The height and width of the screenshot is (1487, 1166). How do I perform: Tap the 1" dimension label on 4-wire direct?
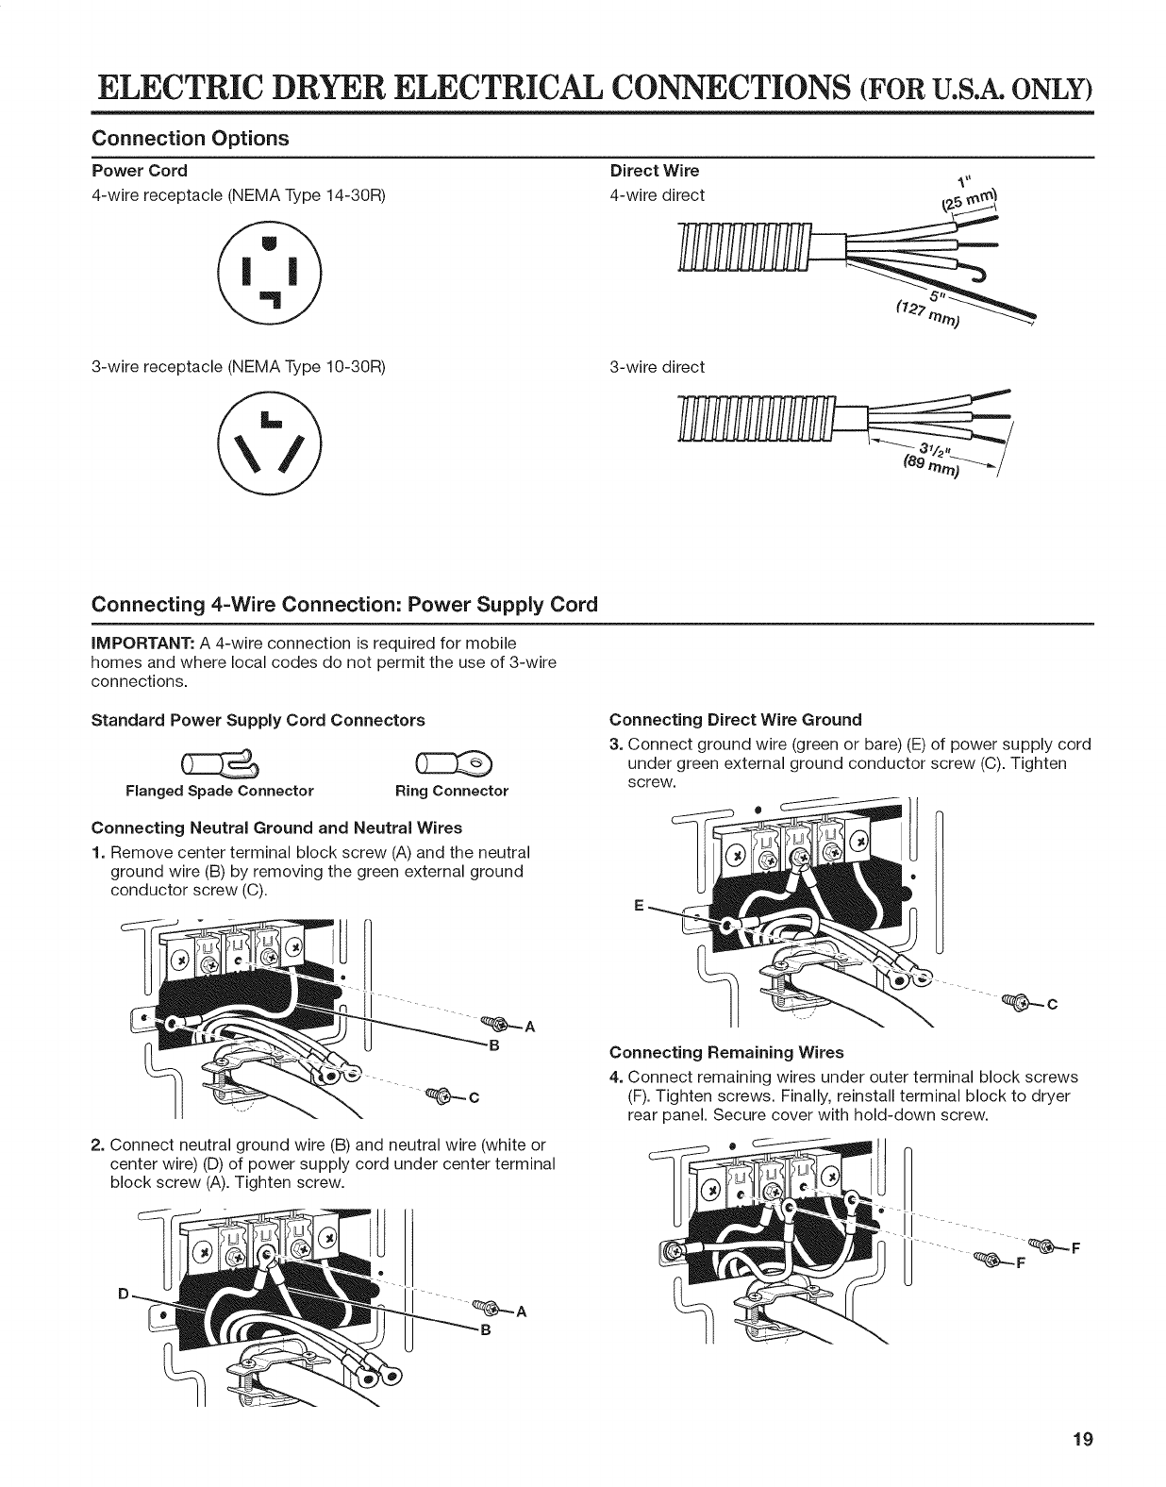click(961, 183)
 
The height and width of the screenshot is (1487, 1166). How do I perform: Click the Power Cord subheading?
click(139, 171)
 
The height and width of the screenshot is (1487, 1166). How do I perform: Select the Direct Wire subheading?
click(655, 171)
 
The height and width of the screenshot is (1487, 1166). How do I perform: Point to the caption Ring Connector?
click(451, 791)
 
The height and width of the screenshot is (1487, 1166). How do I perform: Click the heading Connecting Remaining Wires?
click(726, 1052)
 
